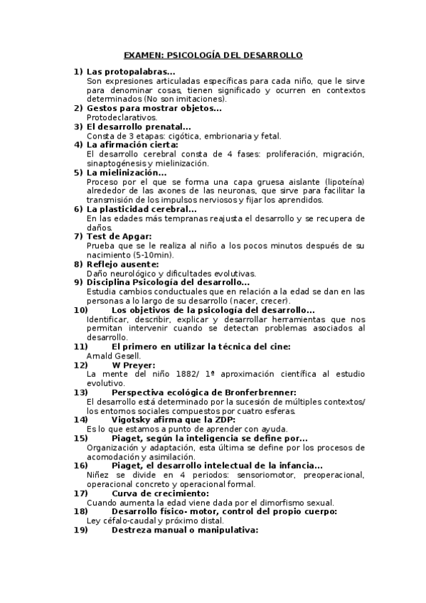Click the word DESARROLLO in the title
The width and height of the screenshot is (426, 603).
[x=275, y=55]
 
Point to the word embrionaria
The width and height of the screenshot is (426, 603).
[x=214, y=135]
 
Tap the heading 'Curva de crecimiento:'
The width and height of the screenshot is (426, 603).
[x=161, y=493]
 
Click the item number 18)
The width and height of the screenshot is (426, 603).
[x=81, y=511]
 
